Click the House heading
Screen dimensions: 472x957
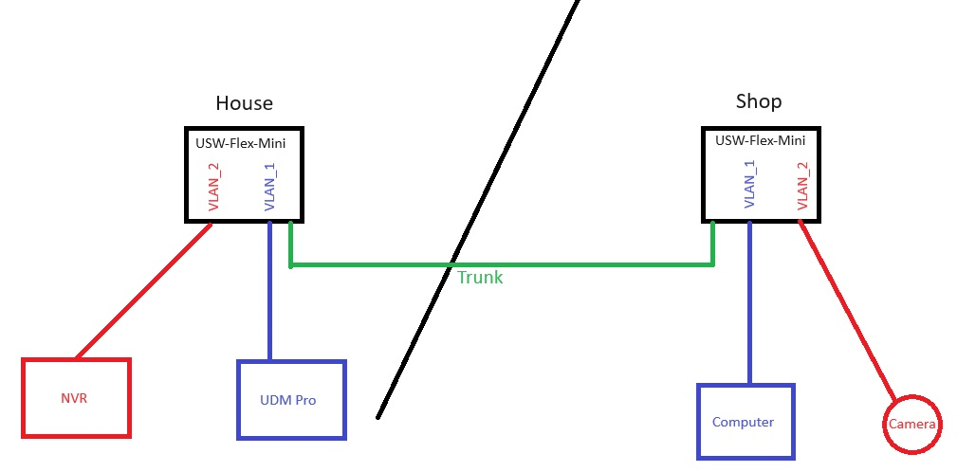244,102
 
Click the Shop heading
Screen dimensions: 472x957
759,101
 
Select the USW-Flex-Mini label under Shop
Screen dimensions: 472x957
760,140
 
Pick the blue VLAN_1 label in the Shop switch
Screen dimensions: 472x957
749,184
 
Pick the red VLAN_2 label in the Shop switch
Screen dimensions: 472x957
802,184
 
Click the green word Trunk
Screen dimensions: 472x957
480,278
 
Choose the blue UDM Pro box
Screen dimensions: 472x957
291,400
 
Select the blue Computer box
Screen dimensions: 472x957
745,422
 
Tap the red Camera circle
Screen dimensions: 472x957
912,424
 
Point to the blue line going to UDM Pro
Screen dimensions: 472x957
270,294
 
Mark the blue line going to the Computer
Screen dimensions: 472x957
749,303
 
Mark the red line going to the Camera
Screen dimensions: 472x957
847,308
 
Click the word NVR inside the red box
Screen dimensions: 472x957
75,399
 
